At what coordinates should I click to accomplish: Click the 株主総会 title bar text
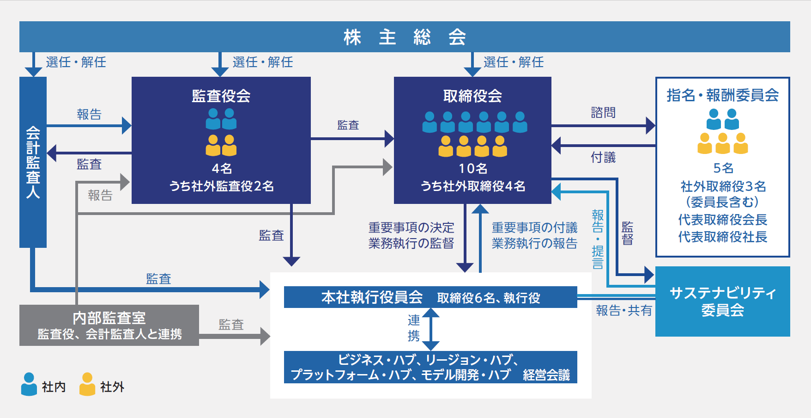tap(405, 37)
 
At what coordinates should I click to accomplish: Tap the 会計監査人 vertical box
tap(33, 162)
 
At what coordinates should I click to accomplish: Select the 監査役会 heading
tap(221, 96)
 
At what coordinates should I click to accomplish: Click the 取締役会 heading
tap(472, 96)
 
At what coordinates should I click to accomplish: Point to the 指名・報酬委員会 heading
tap(723, 95)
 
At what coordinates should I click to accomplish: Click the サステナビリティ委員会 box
tap(723, 301)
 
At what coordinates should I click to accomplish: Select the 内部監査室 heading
tap(109, 318)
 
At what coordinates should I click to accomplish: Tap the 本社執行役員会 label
tap(372, 297)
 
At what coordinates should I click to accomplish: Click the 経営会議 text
tap(546, 375)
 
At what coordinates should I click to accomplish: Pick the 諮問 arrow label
tap(603, 112)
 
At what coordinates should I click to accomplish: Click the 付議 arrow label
tap(603, 158)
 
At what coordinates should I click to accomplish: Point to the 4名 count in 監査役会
tap(222, 168)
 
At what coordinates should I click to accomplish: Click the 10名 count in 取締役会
tap(473, 168)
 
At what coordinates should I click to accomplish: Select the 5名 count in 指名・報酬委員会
tap(723, 168)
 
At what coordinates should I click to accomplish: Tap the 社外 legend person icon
tap(87, 384)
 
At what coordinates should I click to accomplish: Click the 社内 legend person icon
tap(29, 384)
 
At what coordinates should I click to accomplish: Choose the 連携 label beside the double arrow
tap(414, 327)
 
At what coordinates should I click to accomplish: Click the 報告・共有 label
tap(624, 311)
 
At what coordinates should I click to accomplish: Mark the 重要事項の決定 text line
tap(411, 227)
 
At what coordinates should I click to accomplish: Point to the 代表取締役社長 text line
tap(723, 237)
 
